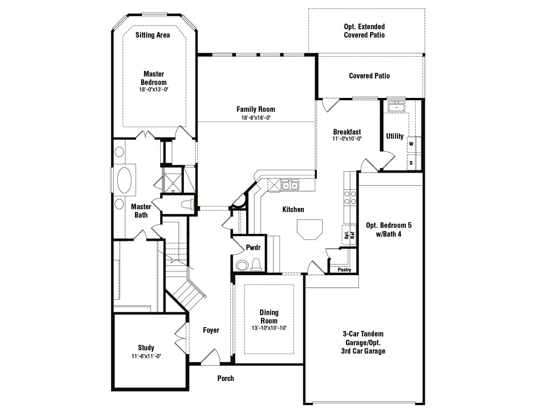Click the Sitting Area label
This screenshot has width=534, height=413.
coord(152,35)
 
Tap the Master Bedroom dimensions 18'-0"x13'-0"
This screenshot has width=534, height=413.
coord(153,89)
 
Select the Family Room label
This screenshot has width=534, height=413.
coord(255,110)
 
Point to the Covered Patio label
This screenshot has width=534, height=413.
coord(369,76)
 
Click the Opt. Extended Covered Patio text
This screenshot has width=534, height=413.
coord(364,31)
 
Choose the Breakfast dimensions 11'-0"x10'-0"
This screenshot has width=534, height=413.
coord(347,138)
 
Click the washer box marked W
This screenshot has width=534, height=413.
coord(411,144)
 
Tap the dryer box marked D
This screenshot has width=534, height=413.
coord(411,163)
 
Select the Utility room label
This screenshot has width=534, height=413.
coord(395,136)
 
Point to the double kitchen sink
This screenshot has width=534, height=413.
coord(291,186)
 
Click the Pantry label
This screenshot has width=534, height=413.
coord(344,270)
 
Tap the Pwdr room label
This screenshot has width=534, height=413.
coord(253,248)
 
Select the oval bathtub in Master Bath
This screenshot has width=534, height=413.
coord(124,180)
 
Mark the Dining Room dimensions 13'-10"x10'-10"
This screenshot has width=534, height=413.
coord(268,328)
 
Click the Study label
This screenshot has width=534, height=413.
coord(146,348)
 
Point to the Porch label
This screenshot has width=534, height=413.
coord(226,378)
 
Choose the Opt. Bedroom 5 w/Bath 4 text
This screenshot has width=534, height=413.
coord(389,229)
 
